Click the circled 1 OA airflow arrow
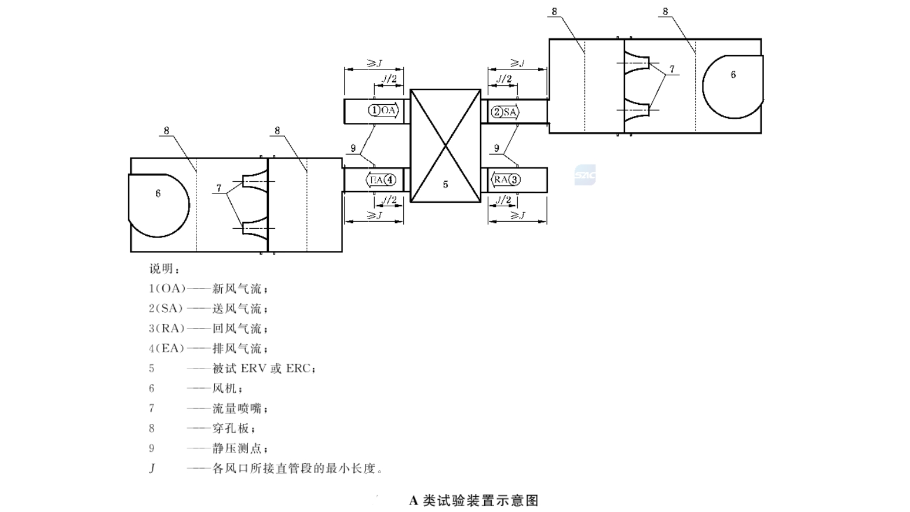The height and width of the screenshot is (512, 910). [383, 110]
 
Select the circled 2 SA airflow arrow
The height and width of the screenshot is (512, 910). [505, 112]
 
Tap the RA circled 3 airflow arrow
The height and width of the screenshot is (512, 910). [505, 180]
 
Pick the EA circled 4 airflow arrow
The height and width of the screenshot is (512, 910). [382, 180]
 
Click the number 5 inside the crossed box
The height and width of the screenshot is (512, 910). [445, 185]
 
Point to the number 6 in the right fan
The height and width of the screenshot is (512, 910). [733, 75]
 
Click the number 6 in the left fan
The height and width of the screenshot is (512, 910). [158, 193]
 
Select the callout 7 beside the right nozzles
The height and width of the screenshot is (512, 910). [672, 70]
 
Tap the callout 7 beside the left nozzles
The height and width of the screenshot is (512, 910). [219, 188]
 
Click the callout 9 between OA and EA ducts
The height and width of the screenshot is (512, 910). [353, 149]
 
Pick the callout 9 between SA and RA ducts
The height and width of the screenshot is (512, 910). [496, 149]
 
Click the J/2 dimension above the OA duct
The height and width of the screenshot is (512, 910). [389, 79]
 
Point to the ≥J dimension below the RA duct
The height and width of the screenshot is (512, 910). [517, 215]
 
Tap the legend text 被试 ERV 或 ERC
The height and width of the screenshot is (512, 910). [264, 368]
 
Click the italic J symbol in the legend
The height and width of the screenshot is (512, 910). [152, 468]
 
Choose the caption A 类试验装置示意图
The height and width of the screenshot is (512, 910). [474, 500]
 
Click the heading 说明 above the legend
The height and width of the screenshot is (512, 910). [165, 269]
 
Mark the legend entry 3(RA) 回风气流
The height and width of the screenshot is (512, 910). [209, 328]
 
